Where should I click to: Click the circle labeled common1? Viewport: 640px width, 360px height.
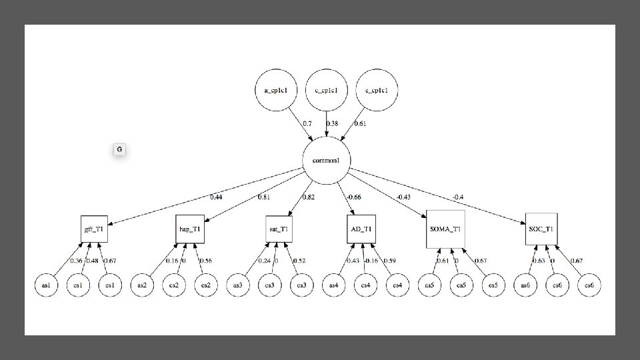(326, 161)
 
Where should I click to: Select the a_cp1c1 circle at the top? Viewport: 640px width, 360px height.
(276, 90)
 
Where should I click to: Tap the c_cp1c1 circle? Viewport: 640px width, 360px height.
(326, 90)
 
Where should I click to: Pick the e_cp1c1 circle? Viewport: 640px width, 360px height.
(377, 90)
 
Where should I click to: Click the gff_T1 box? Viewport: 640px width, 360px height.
(94, 229)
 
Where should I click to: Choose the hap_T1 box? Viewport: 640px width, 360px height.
(190, 229)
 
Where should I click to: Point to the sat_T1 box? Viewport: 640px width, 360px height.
(279, 229)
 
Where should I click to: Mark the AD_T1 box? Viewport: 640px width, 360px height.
(362, 229)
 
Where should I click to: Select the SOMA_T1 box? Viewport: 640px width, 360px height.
(445, 229)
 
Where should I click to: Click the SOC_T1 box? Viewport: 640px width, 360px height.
(540, 229)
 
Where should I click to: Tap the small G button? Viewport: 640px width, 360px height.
(119, 150)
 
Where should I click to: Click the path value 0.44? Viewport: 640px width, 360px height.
(216, 197)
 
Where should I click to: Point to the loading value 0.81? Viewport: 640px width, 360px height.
(263, 197)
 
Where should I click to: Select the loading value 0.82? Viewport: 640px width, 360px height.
(309, 197)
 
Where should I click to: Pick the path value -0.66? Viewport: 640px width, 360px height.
(353, 197)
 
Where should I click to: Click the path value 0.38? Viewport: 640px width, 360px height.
(333, 123)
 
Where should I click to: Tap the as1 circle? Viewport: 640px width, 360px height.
(46, 285)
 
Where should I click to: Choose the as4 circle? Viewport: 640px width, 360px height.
(334, 285)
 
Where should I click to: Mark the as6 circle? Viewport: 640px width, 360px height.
(525, 285)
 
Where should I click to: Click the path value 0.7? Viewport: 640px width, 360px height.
(307, 123)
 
